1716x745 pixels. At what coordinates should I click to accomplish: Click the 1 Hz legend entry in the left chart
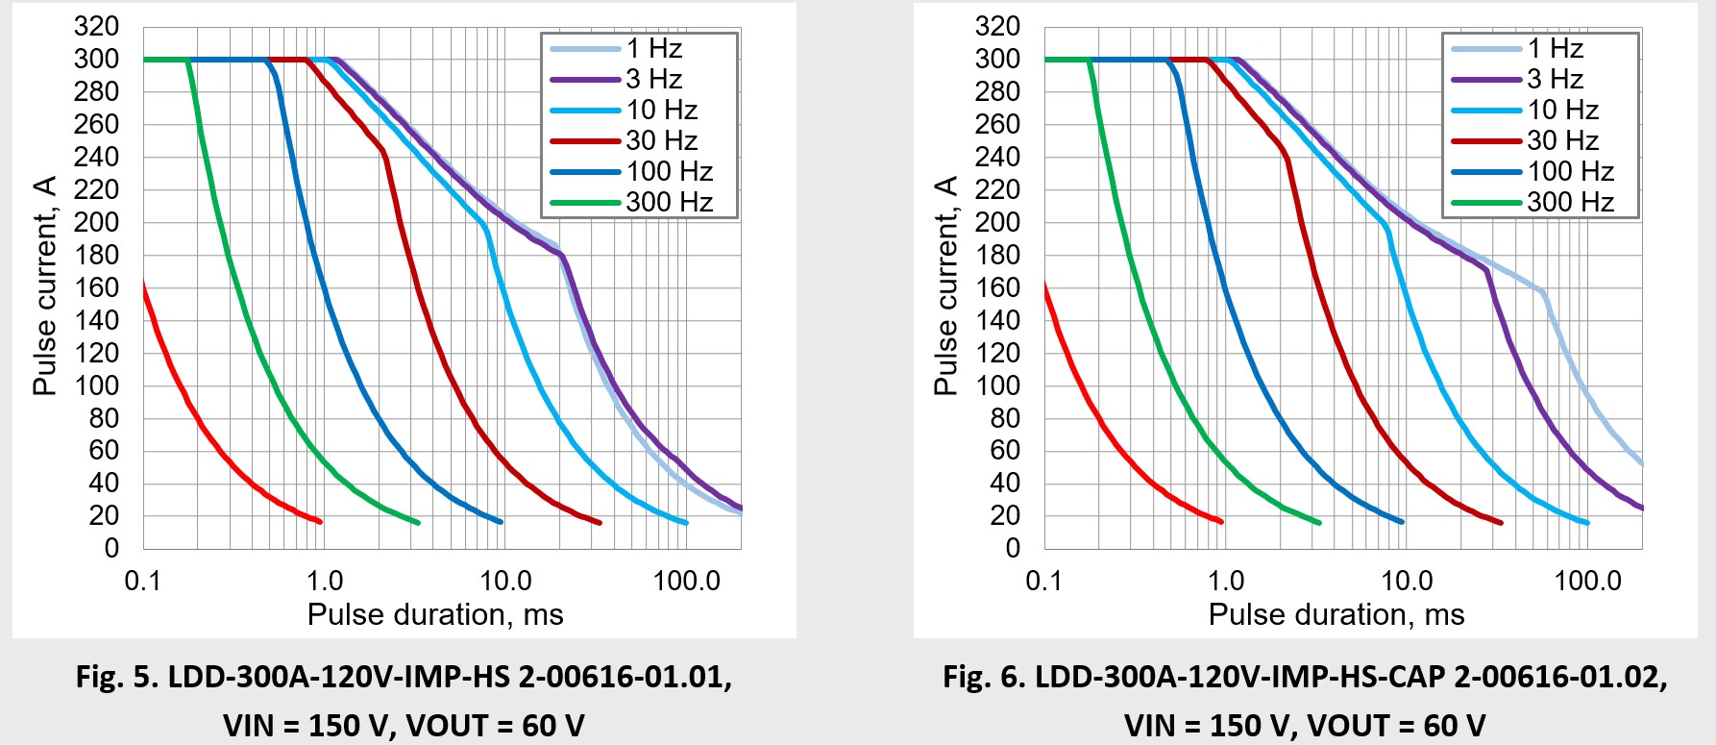pyautogui.click(x=654, y=48)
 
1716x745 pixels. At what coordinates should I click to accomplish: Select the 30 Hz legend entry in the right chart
pyautogui.click(x=1562, y=140)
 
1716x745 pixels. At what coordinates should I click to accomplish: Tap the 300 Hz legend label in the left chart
pyautogui.click(x=670, y=202)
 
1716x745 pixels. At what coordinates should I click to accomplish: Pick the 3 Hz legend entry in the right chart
pyautogui.click(x=1555, y=79)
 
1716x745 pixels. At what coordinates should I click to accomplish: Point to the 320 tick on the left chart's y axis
pyautogui.click(x=96, y=26)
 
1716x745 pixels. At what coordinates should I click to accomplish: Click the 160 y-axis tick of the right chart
pyautogui.click(x=997, y=287)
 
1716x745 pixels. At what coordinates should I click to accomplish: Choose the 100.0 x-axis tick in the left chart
pyautogui.click(x=686, y=581)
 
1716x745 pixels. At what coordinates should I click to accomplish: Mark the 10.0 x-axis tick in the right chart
pyautogui.click(x=1407, y=581)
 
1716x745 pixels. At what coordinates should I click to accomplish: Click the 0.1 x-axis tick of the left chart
pyautogui.click(x=143, y=581)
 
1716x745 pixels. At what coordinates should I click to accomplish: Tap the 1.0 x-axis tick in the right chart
pyautogui.click(x=1226, y=581)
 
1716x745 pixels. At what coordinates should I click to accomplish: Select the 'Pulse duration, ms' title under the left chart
pyautogui.click(x=435, y=614)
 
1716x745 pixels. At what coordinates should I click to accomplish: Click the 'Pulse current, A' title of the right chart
pyautogui.click(x=946, y=286)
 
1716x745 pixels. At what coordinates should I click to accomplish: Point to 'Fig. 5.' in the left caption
pyautogui.click(x=116, y=677)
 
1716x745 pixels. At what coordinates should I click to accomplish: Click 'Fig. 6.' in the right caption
pyautogui.click(x=983, y=677)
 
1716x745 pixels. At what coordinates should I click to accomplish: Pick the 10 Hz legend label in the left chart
pyautogui.click(x=662, y=110)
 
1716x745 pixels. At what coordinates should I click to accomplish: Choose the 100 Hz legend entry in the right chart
pyautogui.click(x=1570, y=171)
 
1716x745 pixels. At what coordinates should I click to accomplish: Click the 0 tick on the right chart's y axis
pyautogui.click(x=1013, y=548)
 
